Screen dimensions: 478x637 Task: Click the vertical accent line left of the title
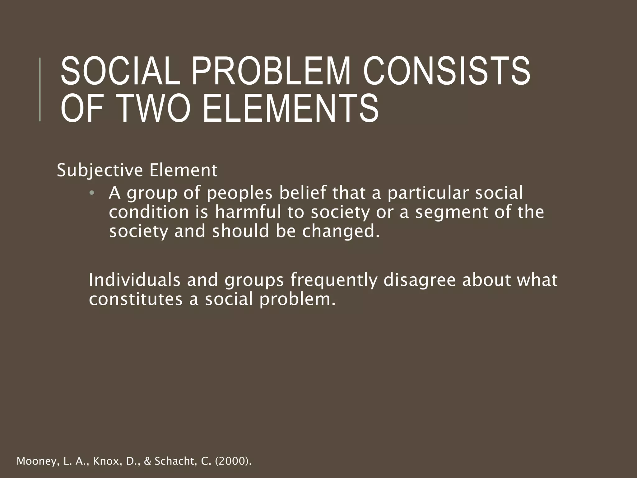[x=40, y=89]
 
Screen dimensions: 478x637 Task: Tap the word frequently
[x=333, y=280]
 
